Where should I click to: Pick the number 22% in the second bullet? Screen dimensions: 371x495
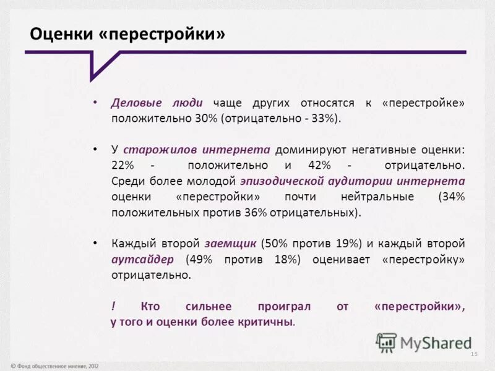click(x=123, y=166)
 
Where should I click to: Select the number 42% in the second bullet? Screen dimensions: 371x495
click(x=319, y=166)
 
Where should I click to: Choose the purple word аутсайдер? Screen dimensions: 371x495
click(x=142, y=260)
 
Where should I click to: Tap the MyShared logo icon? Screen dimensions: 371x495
click(x=387, y=342)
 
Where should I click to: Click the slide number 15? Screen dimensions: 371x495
click(x=475, y=354)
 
